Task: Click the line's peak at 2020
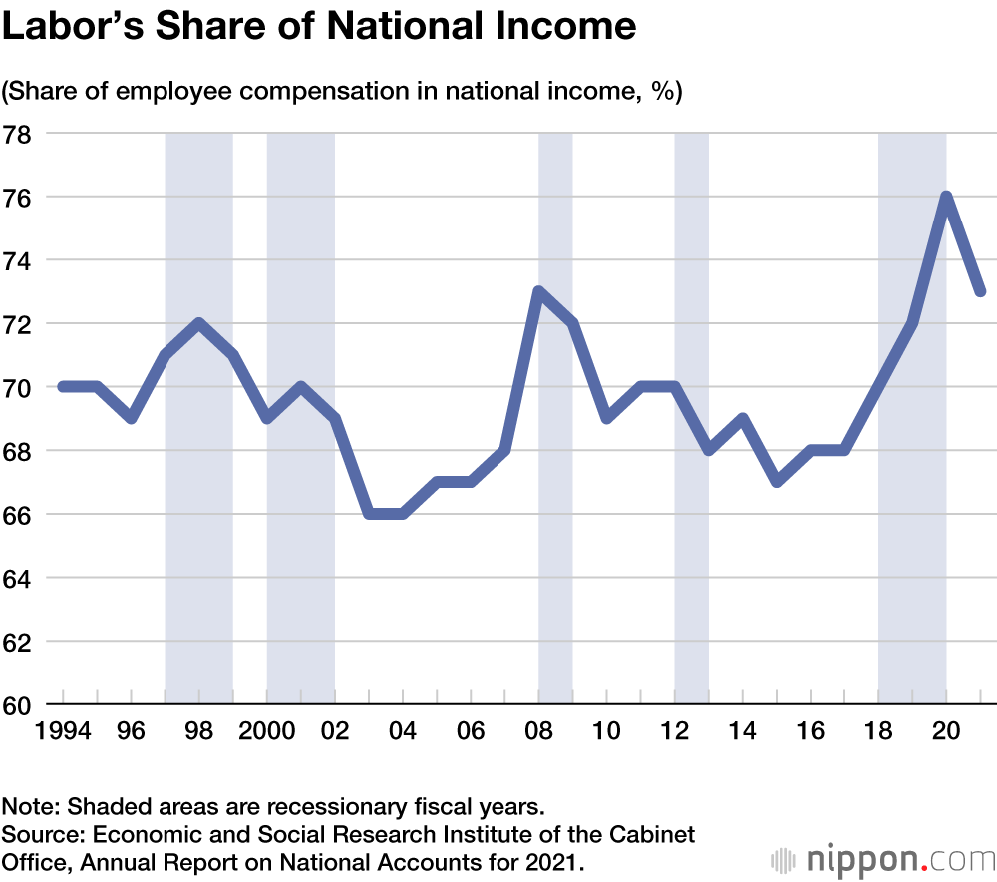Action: [x=946, y=197]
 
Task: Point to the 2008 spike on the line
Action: [x=538, y=291]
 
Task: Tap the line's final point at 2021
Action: [x=980, y=291]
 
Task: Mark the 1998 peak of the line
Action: [x=199, y=323]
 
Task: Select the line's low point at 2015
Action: [x=777, y=482]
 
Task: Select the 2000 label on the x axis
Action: [x=266, y=730]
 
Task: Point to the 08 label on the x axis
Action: [x=538, y=730]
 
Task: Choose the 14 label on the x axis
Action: [x=743, y=730]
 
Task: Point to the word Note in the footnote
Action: [x=27, y=805]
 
